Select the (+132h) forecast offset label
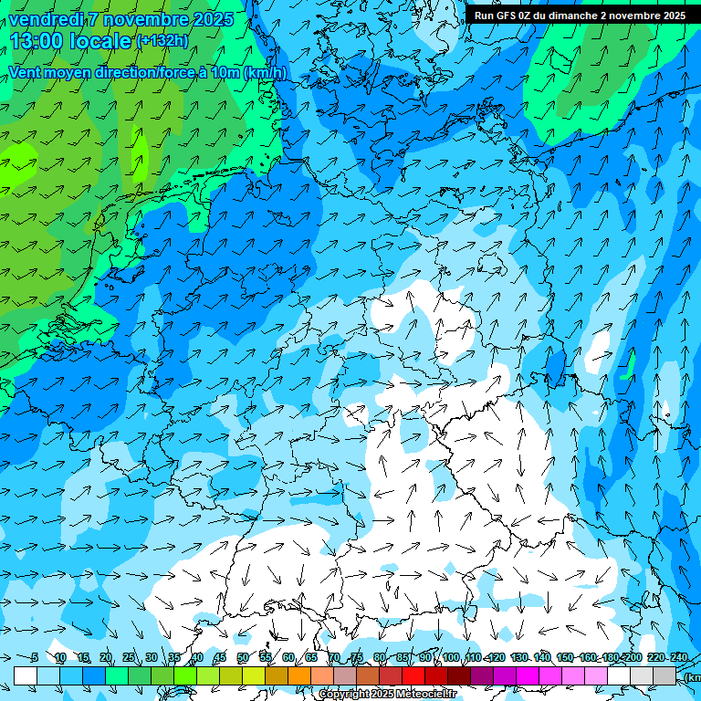tap(162, 41)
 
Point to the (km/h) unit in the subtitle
tap(265, 73)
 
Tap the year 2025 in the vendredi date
tap(213, 19)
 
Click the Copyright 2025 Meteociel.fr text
tap(388, 695)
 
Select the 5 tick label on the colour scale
tap(35, 657)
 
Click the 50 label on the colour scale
tap(243, 657)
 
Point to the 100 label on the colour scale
tap(450, 657)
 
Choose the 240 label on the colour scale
tap(678, 657)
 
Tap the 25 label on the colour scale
tap(129, 657)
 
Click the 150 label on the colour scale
tap(565, 657)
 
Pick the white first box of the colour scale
tap(26, 675)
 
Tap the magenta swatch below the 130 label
tap(528, 675)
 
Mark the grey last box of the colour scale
tap(664, 675)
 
